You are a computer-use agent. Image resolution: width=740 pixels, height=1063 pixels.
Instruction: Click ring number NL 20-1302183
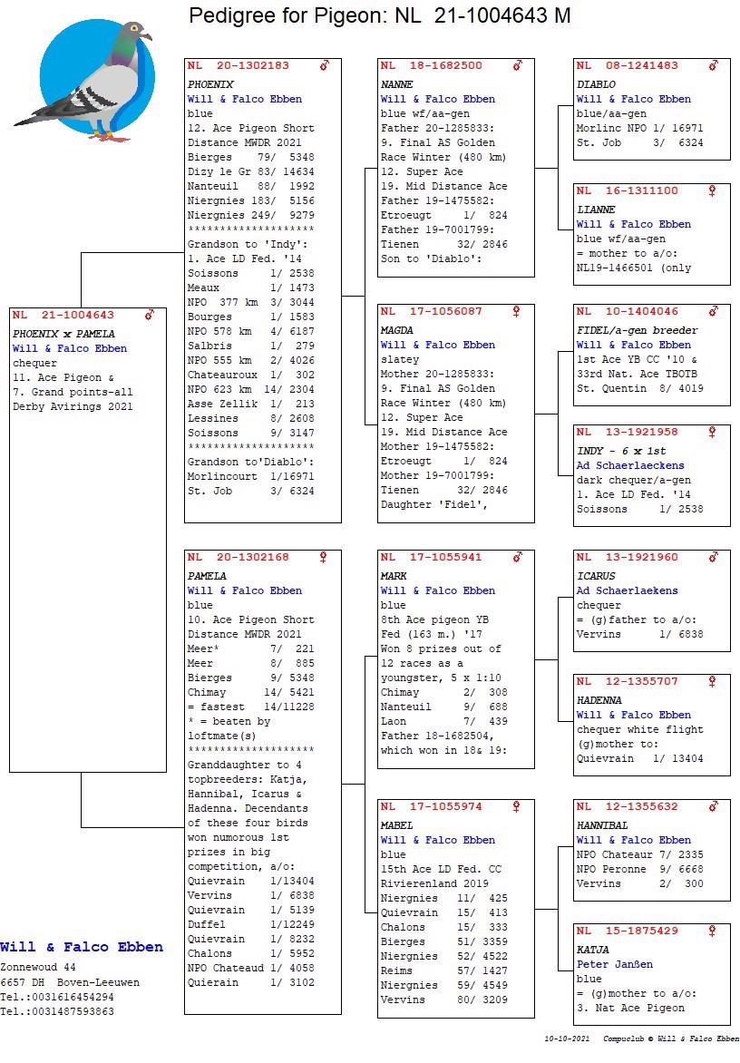239,66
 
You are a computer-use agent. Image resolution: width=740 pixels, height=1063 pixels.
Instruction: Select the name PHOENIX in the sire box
210,84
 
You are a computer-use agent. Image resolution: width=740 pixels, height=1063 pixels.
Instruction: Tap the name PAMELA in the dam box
207,576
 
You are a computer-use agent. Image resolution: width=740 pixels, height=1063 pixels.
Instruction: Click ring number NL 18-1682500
432,66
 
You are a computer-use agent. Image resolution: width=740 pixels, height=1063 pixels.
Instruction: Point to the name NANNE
397,84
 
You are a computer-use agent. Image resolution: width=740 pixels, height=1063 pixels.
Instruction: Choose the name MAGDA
397,330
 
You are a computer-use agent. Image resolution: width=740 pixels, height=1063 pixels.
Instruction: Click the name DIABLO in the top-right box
596,84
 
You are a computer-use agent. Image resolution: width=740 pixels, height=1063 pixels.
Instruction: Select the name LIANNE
596,210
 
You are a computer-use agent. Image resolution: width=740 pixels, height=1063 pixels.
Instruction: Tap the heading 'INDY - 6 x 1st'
620,451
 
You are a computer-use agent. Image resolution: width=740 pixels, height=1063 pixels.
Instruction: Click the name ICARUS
596,576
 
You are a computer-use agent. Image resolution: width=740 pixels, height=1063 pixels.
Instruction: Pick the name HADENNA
599,700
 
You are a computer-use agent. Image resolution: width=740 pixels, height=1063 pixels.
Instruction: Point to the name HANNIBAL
602,825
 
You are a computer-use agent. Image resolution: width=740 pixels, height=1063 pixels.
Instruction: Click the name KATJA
593,950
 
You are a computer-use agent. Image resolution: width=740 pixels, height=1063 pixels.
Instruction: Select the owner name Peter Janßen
614,964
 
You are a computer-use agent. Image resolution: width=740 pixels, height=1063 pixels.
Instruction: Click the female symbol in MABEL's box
517,806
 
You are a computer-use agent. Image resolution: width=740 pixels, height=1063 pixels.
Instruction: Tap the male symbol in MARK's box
517,557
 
